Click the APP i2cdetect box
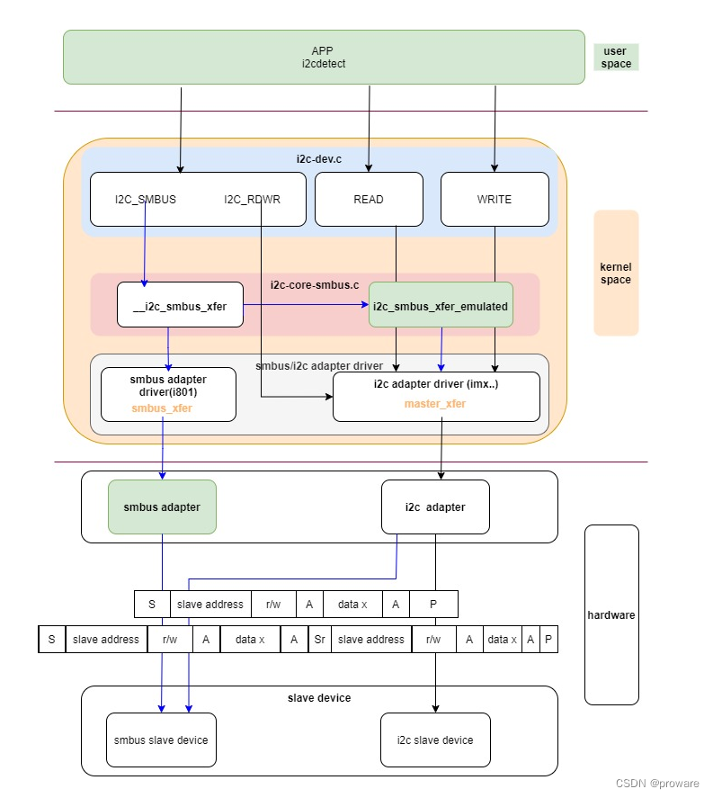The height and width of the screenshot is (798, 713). coord(324,57)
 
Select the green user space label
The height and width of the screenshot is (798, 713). coord(616,57)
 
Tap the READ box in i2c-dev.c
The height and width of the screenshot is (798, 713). coord(369,199)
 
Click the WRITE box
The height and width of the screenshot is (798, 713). coord(495,199)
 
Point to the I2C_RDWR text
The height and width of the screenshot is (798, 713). coord(252,200)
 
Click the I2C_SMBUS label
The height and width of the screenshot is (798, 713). coord(146,200)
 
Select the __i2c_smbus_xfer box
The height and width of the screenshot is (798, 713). coord(180,306)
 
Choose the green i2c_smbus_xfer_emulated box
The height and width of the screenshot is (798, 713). coord(441,306)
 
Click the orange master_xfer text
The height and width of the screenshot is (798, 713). coord(435,404)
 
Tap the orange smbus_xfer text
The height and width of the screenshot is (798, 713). coord(162,408)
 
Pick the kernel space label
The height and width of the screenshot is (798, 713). coord(616,273)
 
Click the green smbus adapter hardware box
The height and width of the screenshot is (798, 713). coord(162,507)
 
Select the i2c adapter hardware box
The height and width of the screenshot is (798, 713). coord(435,507)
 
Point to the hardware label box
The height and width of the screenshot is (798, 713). coord(611,615)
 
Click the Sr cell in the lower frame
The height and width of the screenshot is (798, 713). coord(319,640)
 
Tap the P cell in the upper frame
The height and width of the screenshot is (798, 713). coord(433,605)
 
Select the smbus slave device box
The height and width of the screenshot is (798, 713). coord(161,740)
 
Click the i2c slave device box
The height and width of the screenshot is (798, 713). coord(435,740)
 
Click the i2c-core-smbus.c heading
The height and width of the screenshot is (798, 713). coord(315,285)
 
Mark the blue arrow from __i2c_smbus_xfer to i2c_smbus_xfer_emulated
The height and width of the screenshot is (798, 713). coord(306,305)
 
